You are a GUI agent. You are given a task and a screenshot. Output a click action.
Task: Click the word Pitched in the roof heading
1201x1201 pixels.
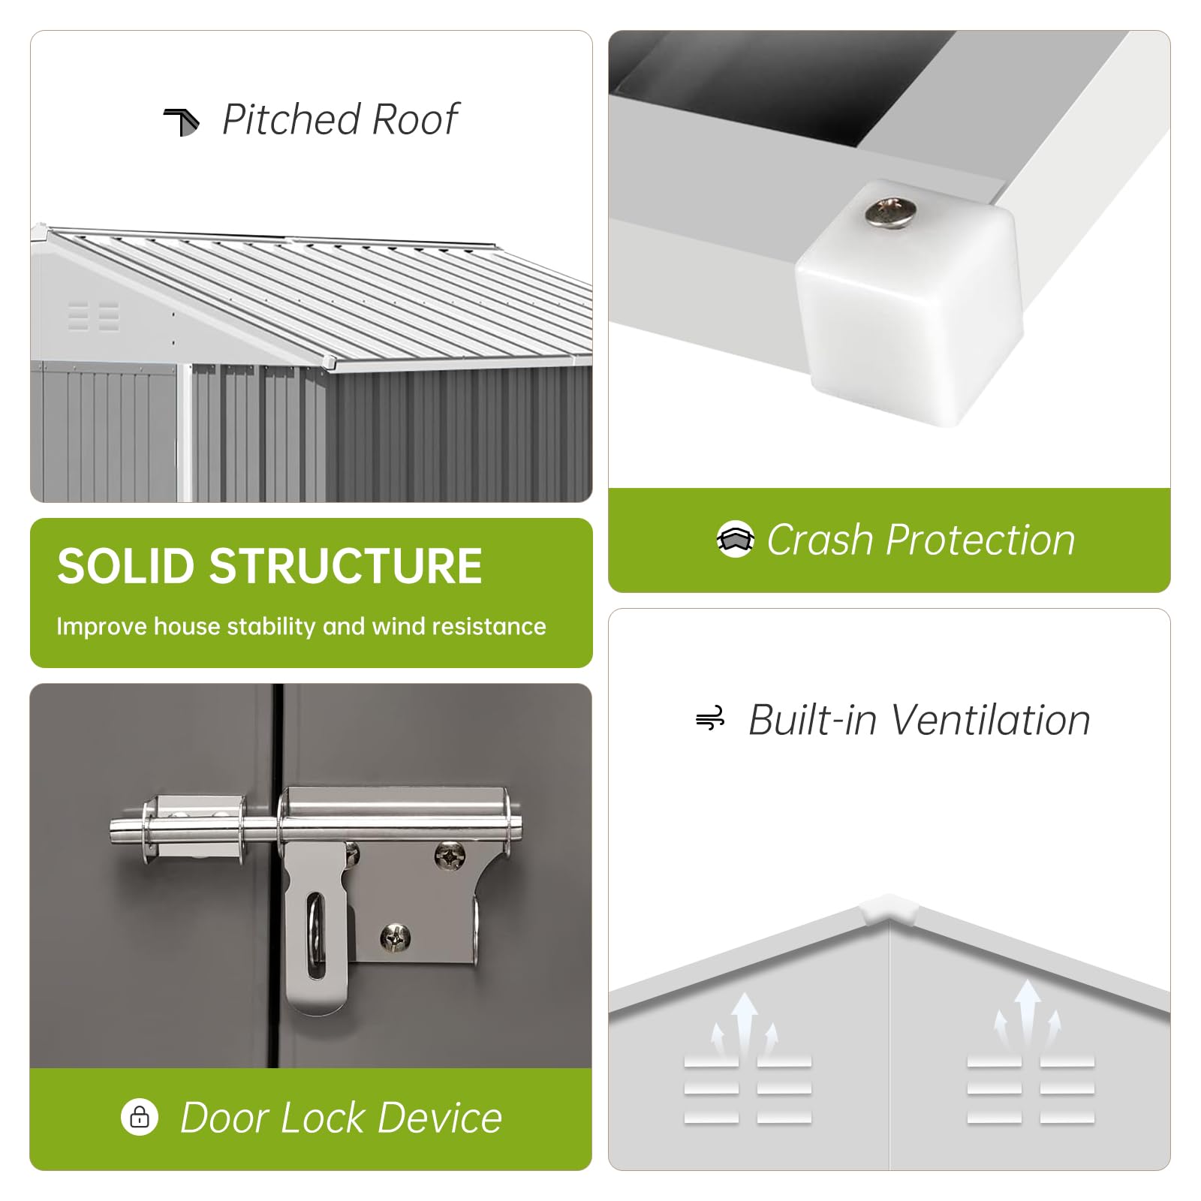pos(291,120)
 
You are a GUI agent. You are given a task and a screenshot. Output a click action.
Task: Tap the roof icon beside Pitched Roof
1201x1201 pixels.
pos(182,122)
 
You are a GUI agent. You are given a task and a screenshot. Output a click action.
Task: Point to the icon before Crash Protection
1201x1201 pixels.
pos(735,539)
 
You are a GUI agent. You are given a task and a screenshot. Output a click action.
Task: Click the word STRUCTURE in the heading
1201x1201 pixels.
pos(345,566)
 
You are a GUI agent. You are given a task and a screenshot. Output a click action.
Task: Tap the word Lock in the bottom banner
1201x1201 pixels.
pos(324,1118)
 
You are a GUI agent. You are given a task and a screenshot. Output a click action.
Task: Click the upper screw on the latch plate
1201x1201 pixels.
pos(450,856)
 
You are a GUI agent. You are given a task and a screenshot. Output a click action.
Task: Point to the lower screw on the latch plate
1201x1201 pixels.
pos(395,936)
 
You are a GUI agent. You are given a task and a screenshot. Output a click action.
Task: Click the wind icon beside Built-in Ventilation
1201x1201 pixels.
pos(710,719)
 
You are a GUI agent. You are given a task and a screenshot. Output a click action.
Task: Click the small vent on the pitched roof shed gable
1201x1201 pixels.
pos(94,316)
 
